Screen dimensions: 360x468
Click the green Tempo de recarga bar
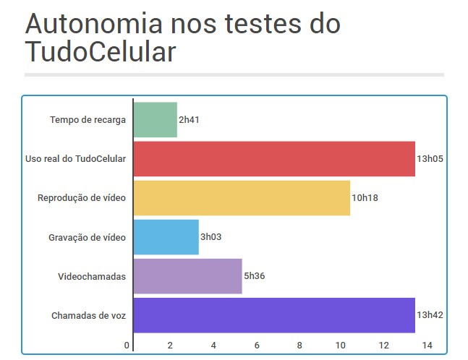tap(155, 120)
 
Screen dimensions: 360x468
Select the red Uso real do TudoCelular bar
tap(274, 159)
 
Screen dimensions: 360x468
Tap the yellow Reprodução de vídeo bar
tap(242, 198)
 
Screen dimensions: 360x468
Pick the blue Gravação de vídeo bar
tap(166, 237)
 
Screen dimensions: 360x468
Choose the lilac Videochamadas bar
tap(187, 276)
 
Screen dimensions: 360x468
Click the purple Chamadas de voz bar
tap(274, 315)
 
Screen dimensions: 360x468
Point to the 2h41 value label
tap(189, 120)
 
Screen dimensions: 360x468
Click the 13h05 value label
tap(430, 159)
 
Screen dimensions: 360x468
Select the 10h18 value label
tap(365, 198)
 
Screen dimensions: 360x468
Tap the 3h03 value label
tap(210, 237)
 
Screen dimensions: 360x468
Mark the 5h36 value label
tap(254, 276)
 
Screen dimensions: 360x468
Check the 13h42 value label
tap(430, 315)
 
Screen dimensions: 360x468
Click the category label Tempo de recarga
tap(89, 120)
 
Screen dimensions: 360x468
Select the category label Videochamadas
tap(92, 276)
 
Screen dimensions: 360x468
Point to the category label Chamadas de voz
tap(89, 316)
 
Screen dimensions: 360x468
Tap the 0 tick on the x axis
tap(127, 344)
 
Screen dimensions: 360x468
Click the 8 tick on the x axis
tap(299, 344)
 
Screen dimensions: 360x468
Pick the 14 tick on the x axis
tap(427, 344)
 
